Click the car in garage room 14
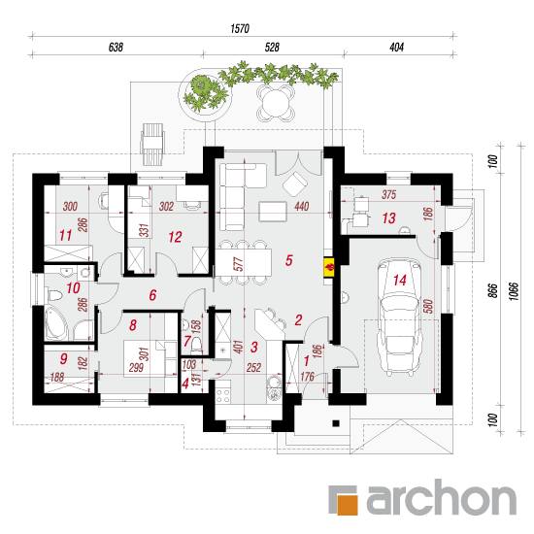tap(400, 317)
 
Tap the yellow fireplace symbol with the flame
tap(330, 267)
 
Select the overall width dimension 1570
tap(240, 28)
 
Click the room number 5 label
tap(288, 260)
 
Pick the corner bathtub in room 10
tap(56, 323)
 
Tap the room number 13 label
tap(389, 217)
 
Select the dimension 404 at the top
tap(396, 47)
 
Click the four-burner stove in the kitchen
tap(223, 395)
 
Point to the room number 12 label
tap(175, 237)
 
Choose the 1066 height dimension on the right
tap(514, 290)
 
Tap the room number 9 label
tap(64, 358)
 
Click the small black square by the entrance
tap(336, 423)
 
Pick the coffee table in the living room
tap(273, 212)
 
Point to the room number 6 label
tap(152, 295)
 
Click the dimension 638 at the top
tap(116, 47)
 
